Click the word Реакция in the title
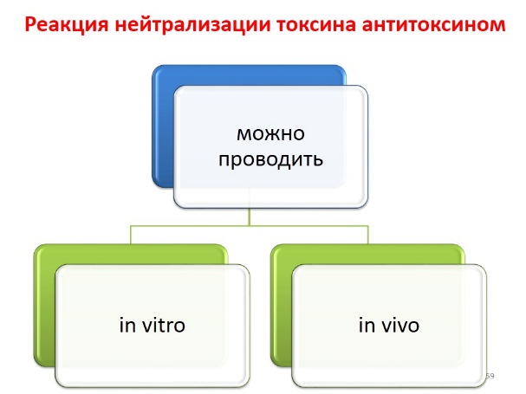coord(67,25)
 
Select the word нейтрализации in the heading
coord(192,25)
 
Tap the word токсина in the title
coord(316,25)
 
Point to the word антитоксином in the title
coord(433,25)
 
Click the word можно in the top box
coord(270,134)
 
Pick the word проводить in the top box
coord(270,159)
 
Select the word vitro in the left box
coord(164,326)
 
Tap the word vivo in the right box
coord(400,326)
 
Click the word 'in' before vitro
coord(127,326)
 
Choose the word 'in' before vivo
coord(367,326)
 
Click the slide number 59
coord(490,376)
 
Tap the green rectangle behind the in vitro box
coord(44,305)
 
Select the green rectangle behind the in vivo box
coord(281,305)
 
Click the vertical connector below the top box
coord(250,217)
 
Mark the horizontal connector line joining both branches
coord(250,226)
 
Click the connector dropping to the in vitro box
coord(131,235)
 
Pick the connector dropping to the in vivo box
coord(368,235)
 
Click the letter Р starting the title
coord(30,25)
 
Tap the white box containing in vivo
coord(389,326)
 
